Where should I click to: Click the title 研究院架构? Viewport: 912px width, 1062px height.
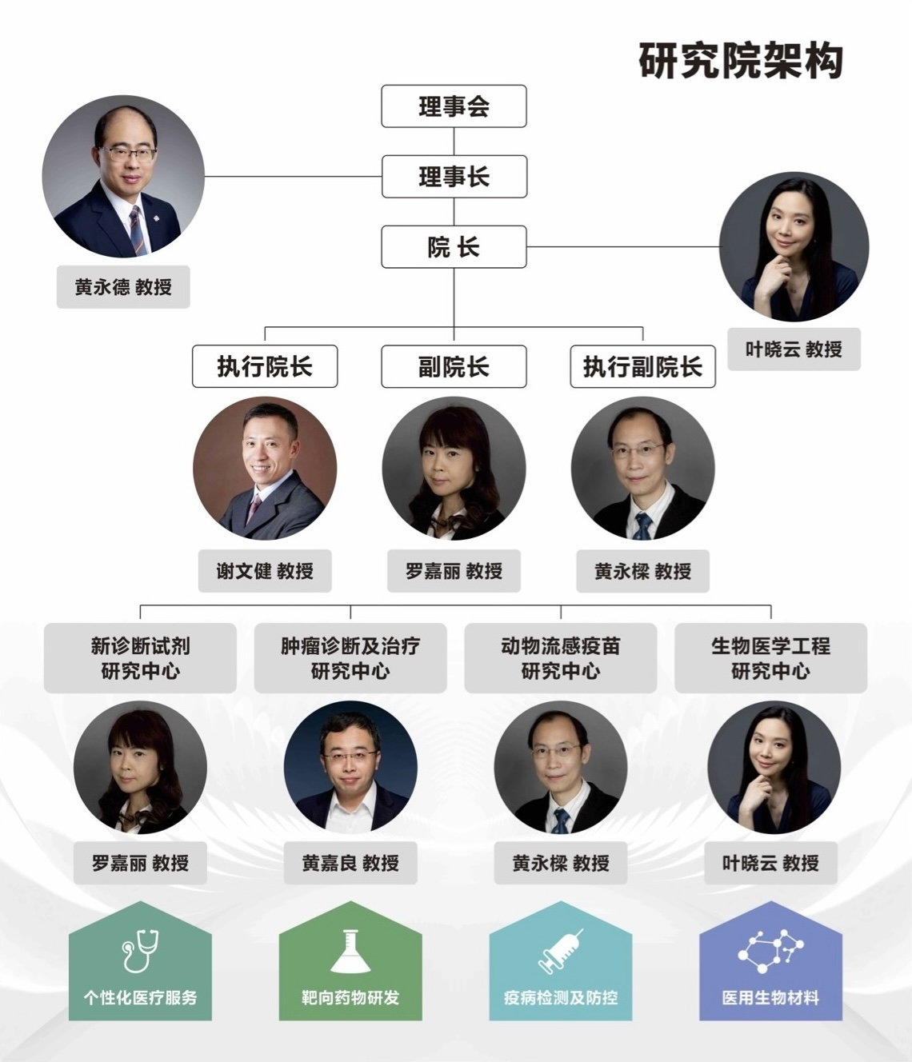click(x=740, y=61)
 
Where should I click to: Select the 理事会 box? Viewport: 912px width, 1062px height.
click(x=454, y=106)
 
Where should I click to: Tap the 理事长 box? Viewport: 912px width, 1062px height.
click(x=454, y=177)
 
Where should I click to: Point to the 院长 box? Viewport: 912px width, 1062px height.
click(x=454, y=247)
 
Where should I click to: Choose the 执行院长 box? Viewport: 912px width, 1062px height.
click(x=265, y=366)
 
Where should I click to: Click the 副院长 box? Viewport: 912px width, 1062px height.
click(x=454, y=366)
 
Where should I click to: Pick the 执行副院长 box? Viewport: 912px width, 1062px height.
click(x=642, y=366)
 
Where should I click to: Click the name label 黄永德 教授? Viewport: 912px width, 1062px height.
click(x=123, y=287)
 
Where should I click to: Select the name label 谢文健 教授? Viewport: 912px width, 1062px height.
click(x=265, y=571)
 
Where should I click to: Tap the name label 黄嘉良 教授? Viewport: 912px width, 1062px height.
click(x=350, y=863)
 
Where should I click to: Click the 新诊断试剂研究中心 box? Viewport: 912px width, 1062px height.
click(x=140, y=657)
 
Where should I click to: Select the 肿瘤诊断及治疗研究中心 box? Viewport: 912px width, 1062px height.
click(x=350, y=657)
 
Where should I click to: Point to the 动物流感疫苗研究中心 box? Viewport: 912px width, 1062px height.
click(x=560, y=657)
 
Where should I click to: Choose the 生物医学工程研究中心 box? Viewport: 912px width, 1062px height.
click(x=770, y=657)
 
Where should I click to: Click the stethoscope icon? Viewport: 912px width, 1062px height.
click(x=140, y=951)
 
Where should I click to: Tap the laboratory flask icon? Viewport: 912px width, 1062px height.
click(x=350, y=951)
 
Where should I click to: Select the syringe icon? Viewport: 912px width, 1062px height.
click(x=560, y=951)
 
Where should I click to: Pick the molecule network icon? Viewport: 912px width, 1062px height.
click(x=770, y=951)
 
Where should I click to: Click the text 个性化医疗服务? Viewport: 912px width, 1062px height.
click(x=140, y=997)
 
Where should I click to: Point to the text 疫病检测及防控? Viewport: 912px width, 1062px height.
click(x=560, y=997)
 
